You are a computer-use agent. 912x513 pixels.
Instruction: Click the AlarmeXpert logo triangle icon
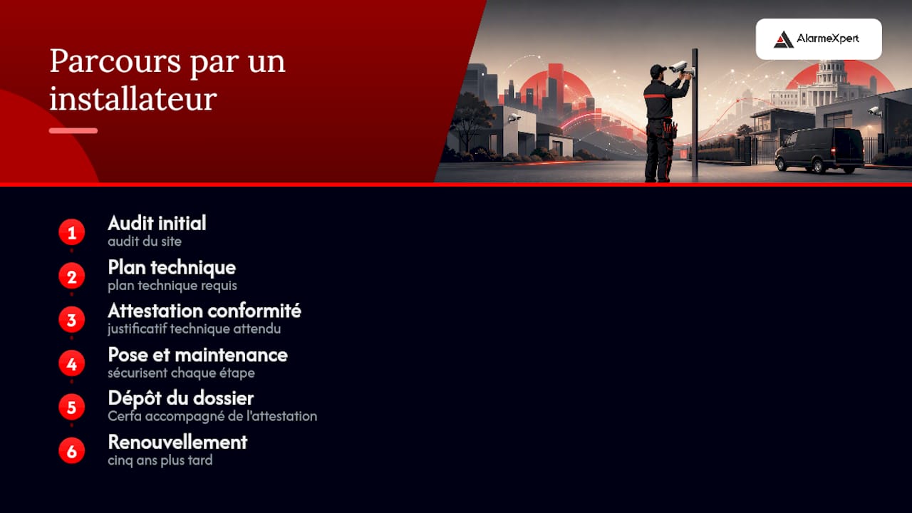(783, 39)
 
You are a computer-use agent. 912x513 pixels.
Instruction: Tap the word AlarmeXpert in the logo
(828, 38)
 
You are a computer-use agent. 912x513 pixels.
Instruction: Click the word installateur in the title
(133, 98)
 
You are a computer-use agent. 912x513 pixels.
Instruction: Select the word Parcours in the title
(115, 61)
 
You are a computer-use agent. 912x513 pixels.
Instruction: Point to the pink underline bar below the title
(73, 130)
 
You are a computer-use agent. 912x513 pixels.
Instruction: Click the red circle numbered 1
(72, 232)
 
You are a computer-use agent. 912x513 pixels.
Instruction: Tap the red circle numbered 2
(72, 276)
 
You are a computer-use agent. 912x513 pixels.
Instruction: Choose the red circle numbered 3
(72, 320)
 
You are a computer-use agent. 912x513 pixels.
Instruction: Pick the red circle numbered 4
(72, 363)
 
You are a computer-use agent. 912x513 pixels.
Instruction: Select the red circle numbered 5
(72, 407)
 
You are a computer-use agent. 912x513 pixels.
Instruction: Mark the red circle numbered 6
(72, 451)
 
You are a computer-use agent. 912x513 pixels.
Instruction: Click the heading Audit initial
(157, 223)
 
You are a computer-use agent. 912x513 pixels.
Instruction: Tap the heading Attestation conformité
(204, 311)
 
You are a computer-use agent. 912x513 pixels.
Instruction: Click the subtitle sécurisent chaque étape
(181, 373)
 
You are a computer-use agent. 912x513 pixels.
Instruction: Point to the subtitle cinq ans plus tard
(160, 460)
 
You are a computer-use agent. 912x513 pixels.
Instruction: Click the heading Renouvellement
(177, 442)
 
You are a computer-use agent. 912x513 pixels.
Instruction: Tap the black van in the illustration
(819, 150)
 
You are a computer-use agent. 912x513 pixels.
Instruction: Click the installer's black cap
(658, 70)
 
